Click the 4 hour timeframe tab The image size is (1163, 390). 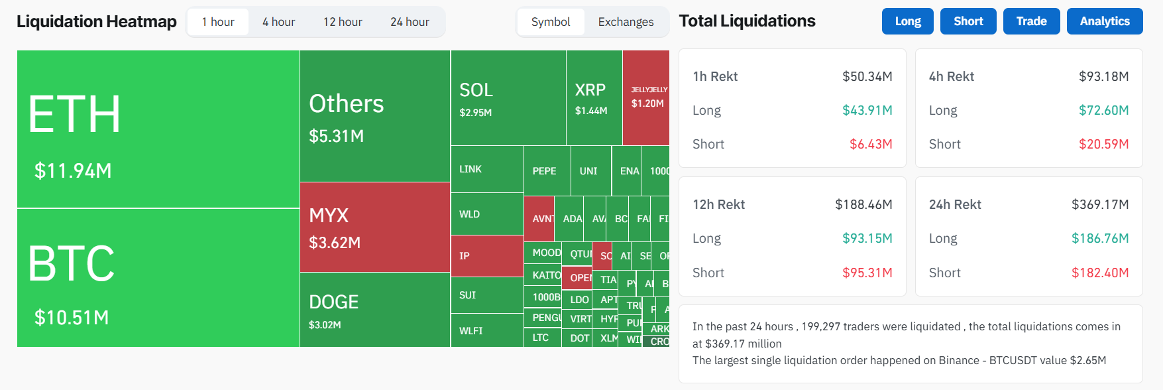(x=278, y=22)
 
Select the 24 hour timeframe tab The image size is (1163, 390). (x=410, y=22)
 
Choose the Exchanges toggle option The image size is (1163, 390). (x=626, y=22)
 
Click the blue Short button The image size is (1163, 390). (x=968, y=21)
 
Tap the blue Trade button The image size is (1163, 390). (x=1031, y=21)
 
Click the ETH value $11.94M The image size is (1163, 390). (x=73, y=171)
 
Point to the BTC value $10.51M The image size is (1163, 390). (x=72, y=318)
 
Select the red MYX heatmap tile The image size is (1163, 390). (x=374, y=227)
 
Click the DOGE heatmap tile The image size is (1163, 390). (x=374, y=310)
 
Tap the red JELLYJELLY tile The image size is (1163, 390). (x=647, y=97)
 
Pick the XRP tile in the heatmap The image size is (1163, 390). (x=594, y=97)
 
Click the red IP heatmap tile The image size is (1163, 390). (x=486, y=256)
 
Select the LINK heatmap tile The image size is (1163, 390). (x=486, y=169)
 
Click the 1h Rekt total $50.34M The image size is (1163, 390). (x=867, y=76)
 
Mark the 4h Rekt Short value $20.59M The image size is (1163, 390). (x=1103, y=144)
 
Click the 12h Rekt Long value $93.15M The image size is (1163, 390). (x=867, y=238)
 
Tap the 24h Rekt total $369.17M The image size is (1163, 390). (x=1100, y=204)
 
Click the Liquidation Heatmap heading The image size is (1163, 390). (x=97, y=22)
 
